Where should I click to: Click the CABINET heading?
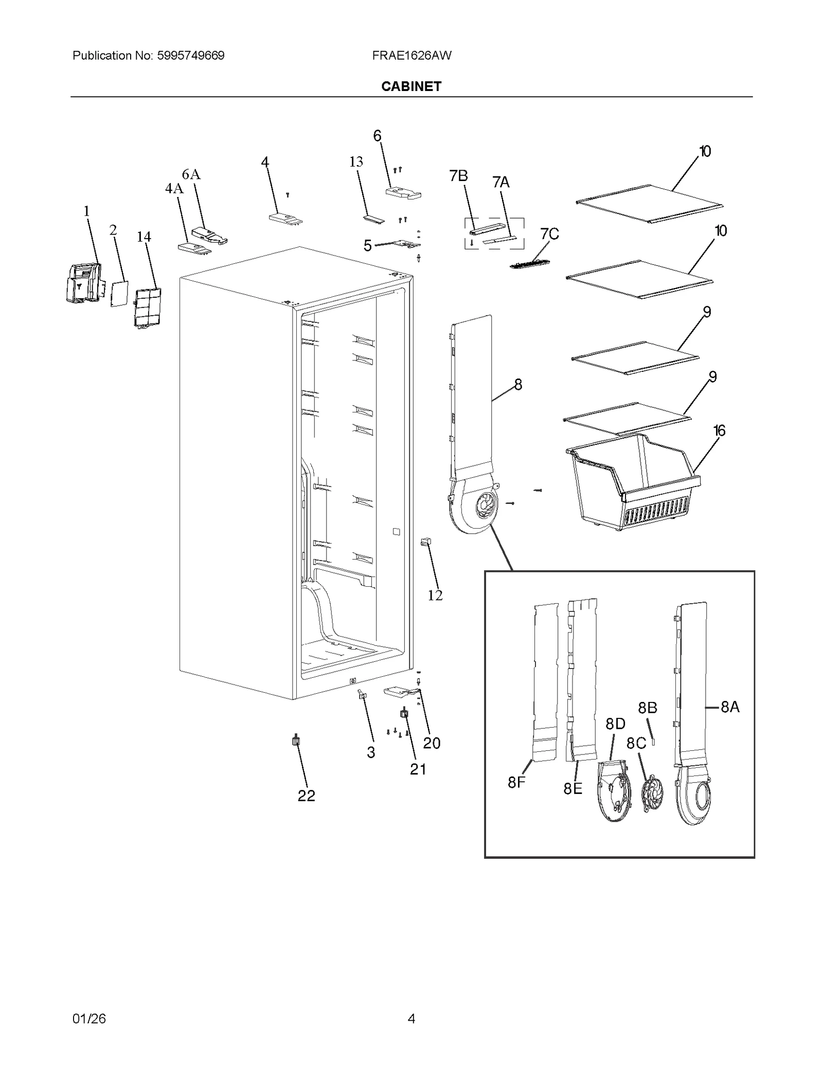pyautogui.click(x=411, y=86)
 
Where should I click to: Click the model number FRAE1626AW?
pyautogui.click(x=411, y=56)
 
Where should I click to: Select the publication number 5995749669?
pyautogui.click(x=189, y=56)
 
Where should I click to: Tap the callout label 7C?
pyautogui.click(x=549, y=234)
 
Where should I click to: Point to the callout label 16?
pyautogui.click(x=719, y=430)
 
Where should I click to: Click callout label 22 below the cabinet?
pyautogui.click(x=306, y=796)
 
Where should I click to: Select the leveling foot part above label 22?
pyautogui.click(x=296, y=741)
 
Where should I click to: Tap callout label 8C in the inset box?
pyautogui.click(x=636, y=744)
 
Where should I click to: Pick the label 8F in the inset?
pyautogui.click(x=516, y=783)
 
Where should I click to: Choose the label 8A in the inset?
pyautogui.click(x=730, y=707)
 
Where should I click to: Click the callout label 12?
pyautogui.click(x=435, y=595)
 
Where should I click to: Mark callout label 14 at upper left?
pyautogui.click(x=144, y=237)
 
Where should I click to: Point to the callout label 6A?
pyautogui.click(x=191, y=175)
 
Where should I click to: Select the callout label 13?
pyautogui.click(x=356, y=162)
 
